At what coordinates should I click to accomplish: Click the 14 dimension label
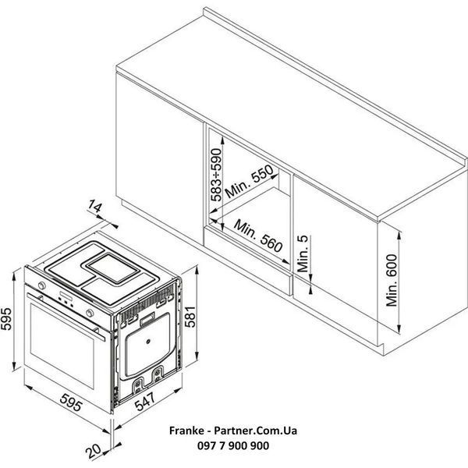click(x=95, y=206)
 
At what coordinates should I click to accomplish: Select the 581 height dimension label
click(x=190, y=317)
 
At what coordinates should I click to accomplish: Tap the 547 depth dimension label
click(x=145, y=402)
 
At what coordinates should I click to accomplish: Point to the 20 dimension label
click(x=93, y=451)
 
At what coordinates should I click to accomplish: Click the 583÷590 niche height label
click(x=216, y=175)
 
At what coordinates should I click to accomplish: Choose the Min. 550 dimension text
click(x=250, y=182)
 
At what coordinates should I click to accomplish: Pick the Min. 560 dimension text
click(x=258, y=236)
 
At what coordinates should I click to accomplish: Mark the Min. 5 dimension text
click(x=303, y=253)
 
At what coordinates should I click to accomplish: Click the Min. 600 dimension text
click(x=392, y=280)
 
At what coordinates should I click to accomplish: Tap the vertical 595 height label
click(x=6, y=319)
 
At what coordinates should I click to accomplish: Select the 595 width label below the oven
click(x=71, y=402)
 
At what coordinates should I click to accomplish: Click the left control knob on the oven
click(x=42, y=285)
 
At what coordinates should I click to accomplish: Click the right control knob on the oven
click(x=90, y=313)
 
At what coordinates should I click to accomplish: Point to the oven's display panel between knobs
click(x=66, y=296)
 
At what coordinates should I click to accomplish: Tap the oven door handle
click(x=66, y=317)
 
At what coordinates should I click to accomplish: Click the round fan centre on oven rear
click(x=147, y=342)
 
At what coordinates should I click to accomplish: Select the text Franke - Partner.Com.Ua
click(x=233, y=431)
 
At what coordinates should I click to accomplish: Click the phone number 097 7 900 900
click(x=233, y=445)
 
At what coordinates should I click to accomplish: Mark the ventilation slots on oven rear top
click(x=147, y=302)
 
